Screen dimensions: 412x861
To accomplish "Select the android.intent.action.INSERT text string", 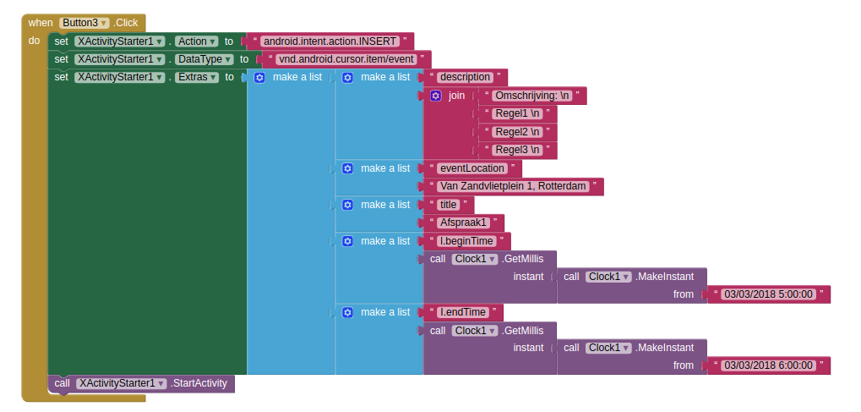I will click(327, 41).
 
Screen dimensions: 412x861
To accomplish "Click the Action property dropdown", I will click(196, 41).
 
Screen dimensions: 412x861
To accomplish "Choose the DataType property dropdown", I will click(203, 59).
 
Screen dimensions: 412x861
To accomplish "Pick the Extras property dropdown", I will click(197, 77).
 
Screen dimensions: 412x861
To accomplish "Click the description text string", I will click(466, 77).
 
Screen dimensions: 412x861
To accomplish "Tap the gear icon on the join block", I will click(436, 96).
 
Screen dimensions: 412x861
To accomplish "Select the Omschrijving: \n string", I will click(532, 96).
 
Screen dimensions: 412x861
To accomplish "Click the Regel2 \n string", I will click(518, 132).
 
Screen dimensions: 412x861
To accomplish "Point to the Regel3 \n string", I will click(518, 150).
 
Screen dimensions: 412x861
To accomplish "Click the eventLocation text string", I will click(472, 168).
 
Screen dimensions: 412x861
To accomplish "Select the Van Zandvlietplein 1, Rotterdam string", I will click(513, 186).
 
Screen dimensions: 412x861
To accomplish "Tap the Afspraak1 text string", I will click(464, 222).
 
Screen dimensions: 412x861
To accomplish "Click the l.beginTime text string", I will click(466, 241).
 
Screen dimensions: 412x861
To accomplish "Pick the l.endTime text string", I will click(463, 312).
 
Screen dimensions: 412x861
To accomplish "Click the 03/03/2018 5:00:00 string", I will click(768, 294).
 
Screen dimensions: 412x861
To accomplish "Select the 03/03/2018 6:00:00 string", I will click(768, 365).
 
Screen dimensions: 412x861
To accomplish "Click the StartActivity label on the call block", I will click(199, 383).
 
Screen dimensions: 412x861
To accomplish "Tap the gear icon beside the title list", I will click(347, 205).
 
